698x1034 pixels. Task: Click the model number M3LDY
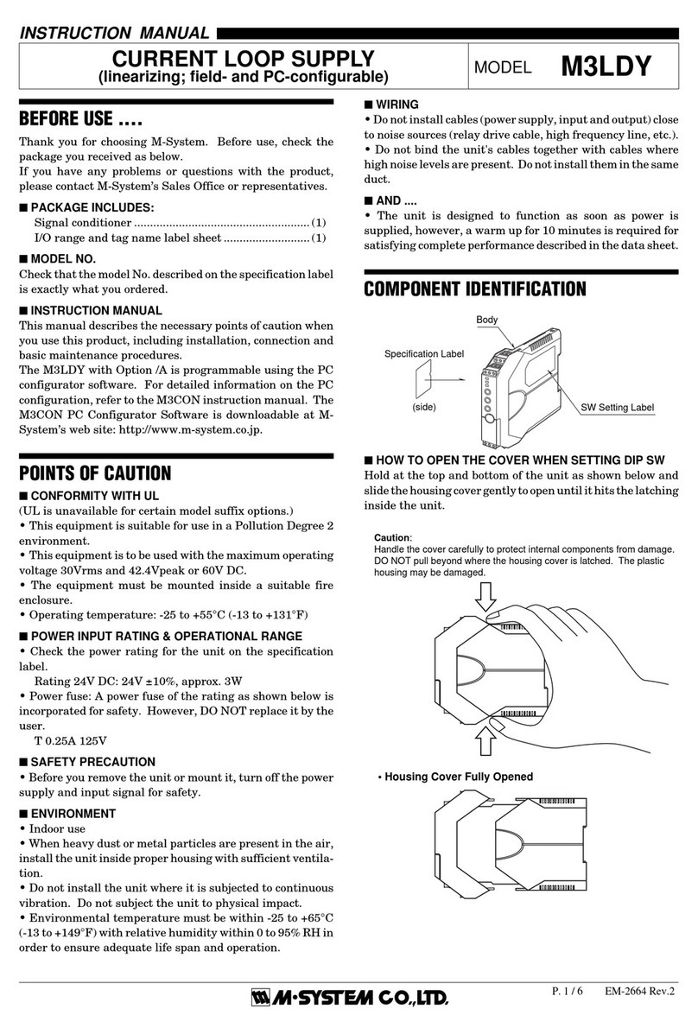606,67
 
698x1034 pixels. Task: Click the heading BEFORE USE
80,117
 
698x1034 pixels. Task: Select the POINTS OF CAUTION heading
95,473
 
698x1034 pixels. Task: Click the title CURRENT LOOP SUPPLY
244,59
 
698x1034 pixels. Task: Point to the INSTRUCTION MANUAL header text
114,34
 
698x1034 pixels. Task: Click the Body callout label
487,320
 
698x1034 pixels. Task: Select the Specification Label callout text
424,354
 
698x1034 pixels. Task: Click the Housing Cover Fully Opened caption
459,777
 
